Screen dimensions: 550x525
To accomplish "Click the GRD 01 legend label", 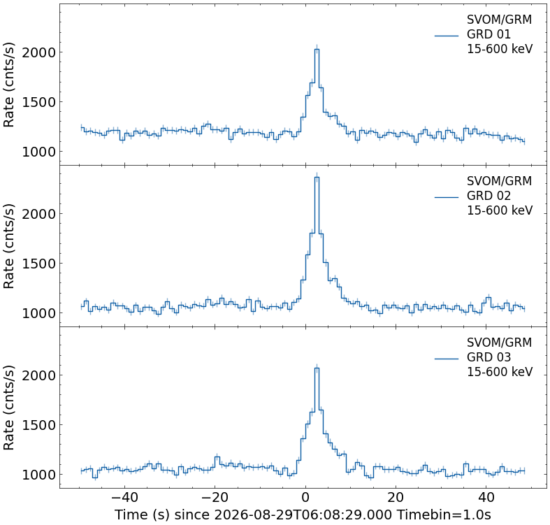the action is point(489,34).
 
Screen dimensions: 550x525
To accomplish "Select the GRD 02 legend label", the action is point(489,196).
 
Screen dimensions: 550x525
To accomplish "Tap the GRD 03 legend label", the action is point(489,357).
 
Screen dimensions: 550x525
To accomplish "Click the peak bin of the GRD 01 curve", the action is point(317,50).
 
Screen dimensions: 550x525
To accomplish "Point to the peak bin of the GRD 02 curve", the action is point(317,178).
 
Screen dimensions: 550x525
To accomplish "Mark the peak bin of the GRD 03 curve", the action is point(317,368).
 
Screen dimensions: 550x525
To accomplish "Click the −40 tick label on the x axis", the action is point(125,497).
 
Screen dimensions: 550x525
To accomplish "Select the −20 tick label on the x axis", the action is point(215,497).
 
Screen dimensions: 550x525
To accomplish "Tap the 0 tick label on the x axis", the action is point(305,497).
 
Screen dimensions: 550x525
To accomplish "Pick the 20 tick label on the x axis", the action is point(396,497).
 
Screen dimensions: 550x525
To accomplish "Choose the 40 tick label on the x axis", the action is point(486,497).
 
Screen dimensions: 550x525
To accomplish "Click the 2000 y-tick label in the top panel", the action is point(39,52).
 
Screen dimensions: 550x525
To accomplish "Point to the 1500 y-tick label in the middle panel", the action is point(39,264).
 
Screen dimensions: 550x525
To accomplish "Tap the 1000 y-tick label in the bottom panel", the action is point(39,475).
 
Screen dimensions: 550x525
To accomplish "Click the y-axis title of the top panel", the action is point(9,85).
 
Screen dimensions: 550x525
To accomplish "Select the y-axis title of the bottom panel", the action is point(9,408).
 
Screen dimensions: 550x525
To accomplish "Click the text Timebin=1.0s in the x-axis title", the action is point(444,515).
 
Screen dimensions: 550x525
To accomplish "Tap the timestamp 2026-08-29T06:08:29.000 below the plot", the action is point(303,515).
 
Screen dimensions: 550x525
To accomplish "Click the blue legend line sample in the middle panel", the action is point(447,197).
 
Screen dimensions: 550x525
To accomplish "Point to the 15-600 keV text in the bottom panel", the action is point(500,372).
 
